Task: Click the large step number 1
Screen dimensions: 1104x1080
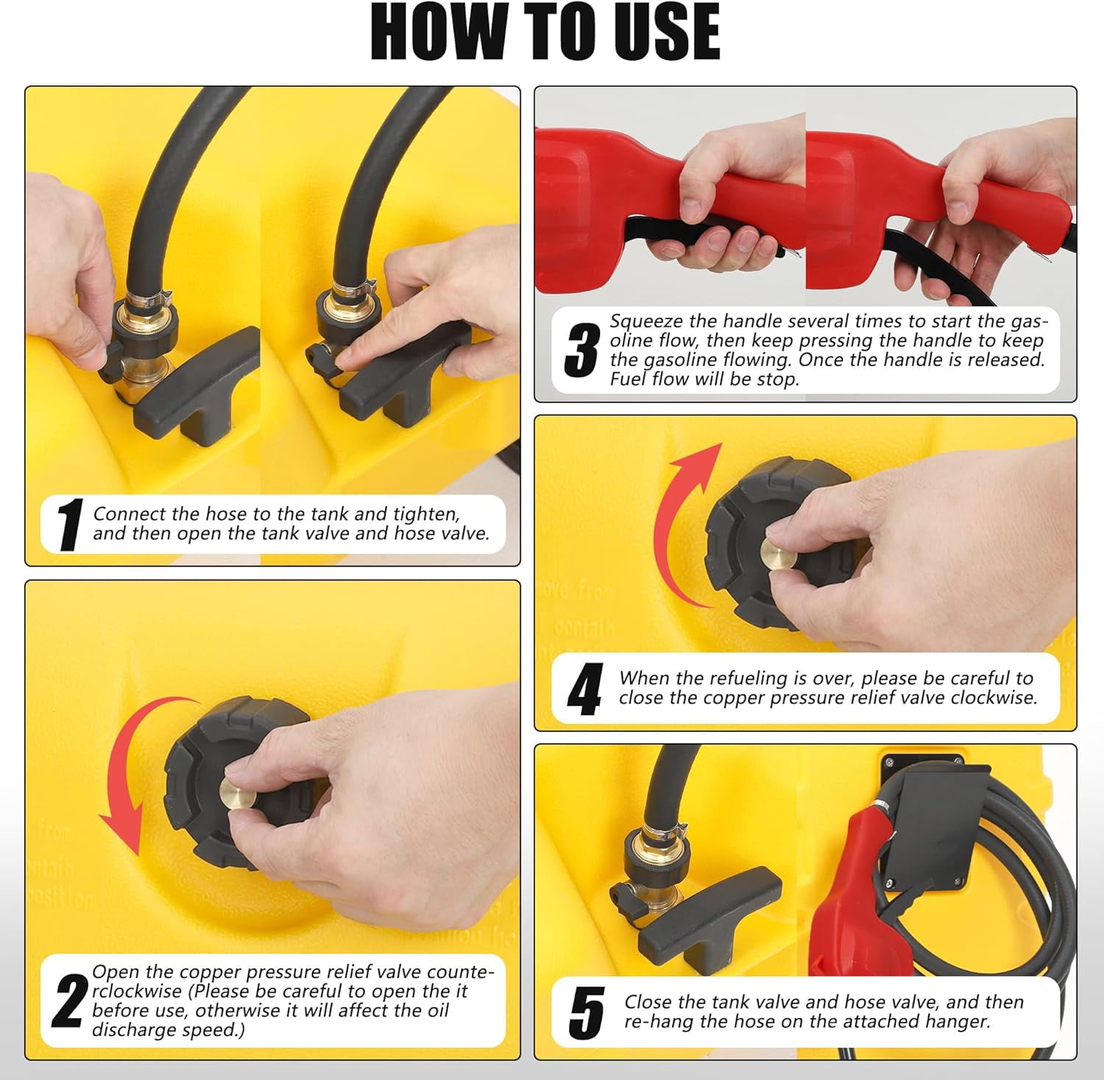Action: click(x=70, y=525)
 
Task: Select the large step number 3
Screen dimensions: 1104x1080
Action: click(x=581, y=350)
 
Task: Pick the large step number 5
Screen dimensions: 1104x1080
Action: click(x=587, y=1013)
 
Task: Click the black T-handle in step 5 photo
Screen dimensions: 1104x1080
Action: click(x=707, y=916)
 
